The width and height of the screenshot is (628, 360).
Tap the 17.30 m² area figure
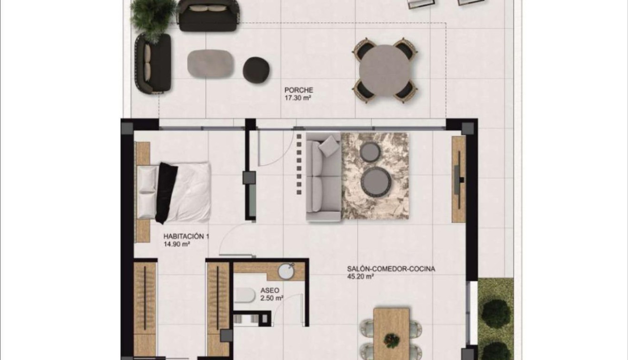tap(298, 98)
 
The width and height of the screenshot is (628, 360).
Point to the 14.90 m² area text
tap(177, 244)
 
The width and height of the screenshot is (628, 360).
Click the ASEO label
tap(270, 290)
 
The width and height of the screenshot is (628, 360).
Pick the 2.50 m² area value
tap(272, 299)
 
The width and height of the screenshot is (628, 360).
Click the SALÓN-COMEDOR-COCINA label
tap(391, 269)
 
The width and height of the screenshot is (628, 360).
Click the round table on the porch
tap(384, 70)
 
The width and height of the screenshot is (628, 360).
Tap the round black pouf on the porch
tap(256, 70)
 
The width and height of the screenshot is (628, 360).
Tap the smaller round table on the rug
tap(369, 152)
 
